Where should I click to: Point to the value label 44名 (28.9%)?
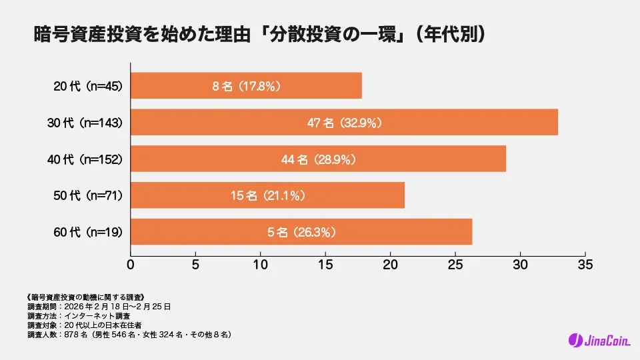pos(318,159)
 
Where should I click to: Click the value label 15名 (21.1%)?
pos(267,196)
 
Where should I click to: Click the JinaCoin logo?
pos(595,340)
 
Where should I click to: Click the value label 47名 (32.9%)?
pos(344,123)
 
